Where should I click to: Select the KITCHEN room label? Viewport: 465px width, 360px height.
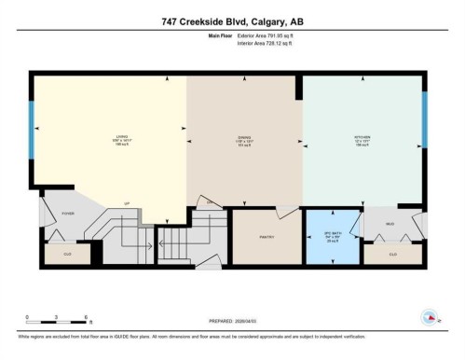click(x=362, y=138)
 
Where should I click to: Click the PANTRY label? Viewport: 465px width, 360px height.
click(x=265, y=237)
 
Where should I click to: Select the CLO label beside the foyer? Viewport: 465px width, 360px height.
click(x=68, y=254)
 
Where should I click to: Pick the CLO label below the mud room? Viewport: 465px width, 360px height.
click(x=392, y=253)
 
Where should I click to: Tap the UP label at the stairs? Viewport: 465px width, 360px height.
click(x=127, y=203)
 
